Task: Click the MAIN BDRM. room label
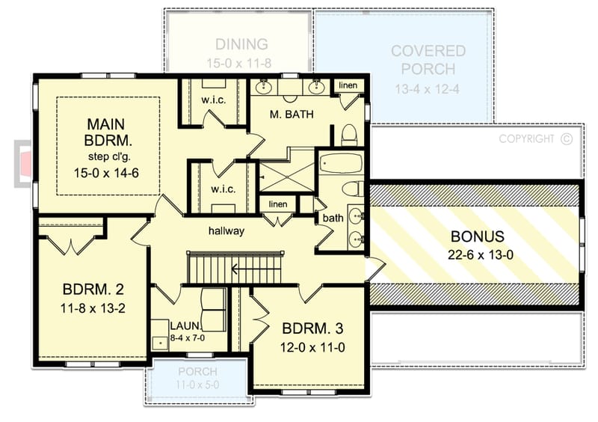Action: [x=109, y=132]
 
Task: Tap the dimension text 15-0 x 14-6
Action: [x=109, y=171]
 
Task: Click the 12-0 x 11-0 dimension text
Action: [x=312, y=347]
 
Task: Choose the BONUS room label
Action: [x=478, y=236]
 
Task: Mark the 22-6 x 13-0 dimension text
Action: [x=478, y=254]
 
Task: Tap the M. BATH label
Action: [x=291, y=114]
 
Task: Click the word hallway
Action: [x=226, y=231]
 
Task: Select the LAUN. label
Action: [x=184, y=326]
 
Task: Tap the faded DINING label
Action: [x=241, y=44]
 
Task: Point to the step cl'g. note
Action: [x=109, y=156]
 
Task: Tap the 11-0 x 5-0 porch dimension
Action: [x=197, y=384]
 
